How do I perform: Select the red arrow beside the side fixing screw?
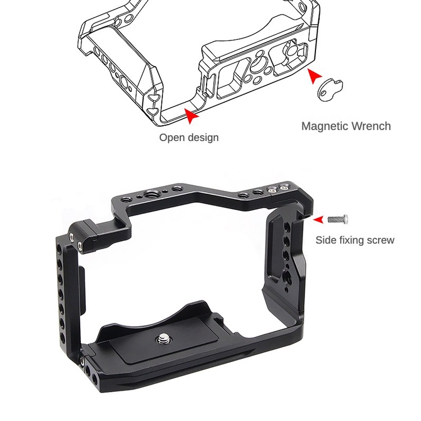[318, 219]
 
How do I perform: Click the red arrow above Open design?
[192, 115]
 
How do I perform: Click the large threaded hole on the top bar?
[151, 196]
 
